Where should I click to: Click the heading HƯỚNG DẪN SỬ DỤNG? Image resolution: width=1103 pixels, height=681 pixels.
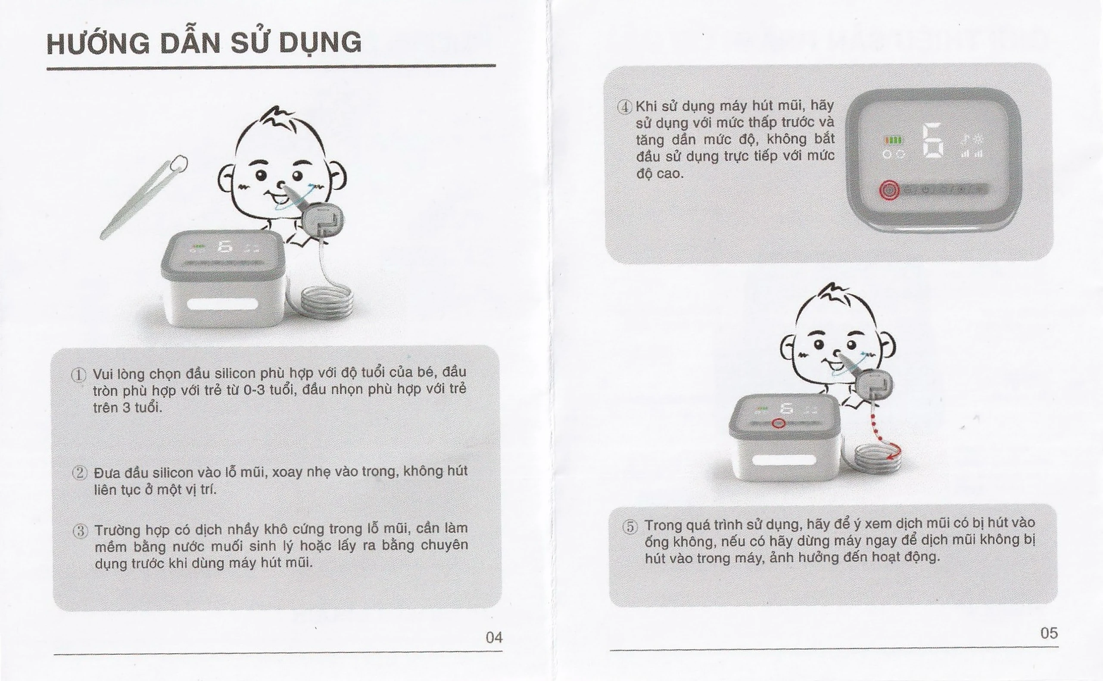pos(203,43)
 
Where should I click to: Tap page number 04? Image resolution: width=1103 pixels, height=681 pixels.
pos(494,637)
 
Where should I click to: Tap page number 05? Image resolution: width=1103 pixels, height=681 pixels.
pos(1049,633)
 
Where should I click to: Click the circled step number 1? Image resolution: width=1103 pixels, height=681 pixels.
pos(79,375)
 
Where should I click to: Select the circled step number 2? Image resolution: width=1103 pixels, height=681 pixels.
pos(80,473)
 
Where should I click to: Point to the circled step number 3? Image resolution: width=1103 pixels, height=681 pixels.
pos(81,531)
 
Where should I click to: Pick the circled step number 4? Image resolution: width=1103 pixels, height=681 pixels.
pos(625,107)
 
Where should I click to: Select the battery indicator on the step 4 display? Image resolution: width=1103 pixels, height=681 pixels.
pos(893,141)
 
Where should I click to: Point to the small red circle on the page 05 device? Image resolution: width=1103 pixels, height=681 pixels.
pos(779,423)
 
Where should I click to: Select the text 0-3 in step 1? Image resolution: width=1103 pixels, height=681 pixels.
pos(254,390)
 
